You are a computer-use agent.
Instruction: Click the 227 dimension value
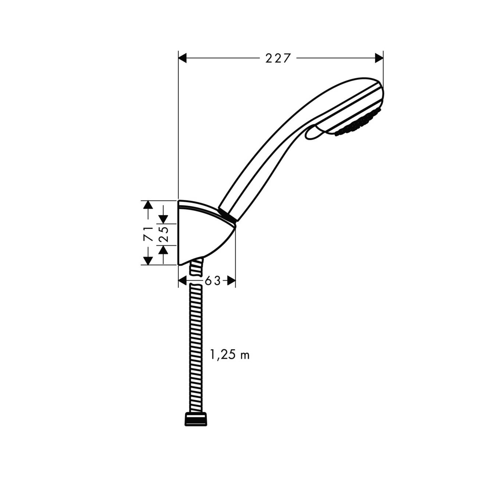[278, 58]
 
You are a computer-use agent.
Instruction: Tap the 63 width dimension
[213, 281]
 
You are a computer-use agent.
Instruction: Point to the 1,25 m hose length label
[230, 355]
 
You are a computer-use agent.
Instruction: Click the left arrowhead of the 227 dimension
[183, 58]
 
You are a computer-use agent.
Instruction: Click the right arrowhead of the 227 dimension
[378, 58]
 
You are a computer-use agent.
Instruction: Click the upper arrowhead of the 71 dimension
[148, 205]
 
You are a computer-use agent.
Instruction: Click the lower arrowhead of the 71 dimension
[148, 260]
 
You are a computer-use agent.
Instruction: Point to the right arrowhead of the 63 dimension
[231, 281]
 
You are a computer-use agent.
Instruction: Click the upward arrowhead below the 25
[163, 249]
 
